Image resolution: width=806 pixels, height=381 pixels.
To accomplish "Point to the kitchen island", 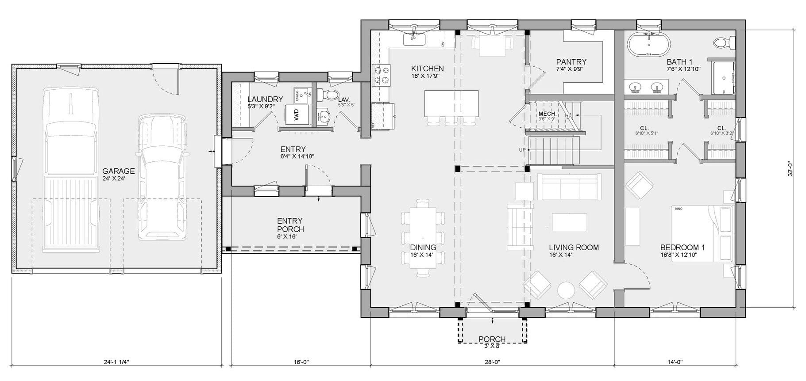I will pos(451,103).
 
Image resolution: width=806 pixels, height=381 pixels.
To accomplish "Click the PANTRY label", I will pos(571,62).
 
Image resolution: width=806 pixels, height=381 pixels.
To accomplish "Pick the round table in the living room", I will pos(566,290).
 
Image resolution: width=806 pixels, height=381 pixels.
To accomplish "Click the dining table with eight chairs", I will pos(422,238).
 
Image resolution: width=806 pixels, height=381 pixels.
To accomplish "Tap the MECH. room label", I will pos(547,114).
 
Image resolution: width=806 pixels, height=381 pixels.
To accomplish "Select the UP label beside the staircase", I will pos(522,150).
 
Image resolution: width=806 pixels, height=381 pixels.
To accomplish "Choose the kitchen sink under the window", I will pos(414,39).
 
